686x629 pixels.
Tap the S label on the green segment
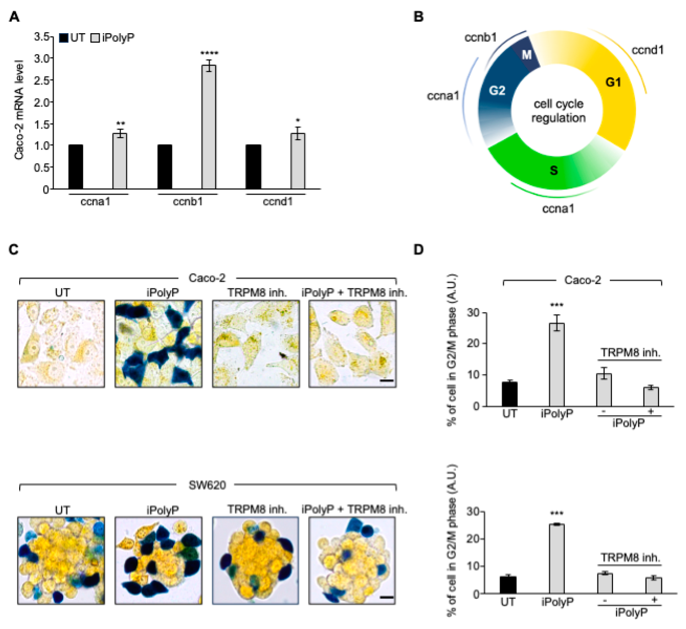point(554,170)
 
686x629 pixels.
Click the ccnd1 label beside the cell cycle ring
point(647,50)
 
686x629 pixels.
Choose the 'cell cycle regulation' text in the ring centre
point(558,111)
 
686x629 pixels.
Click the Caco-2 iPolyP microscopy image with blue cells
point(158,344)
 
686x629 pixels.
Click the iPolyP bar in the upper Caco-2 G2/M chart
point(557,365)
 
